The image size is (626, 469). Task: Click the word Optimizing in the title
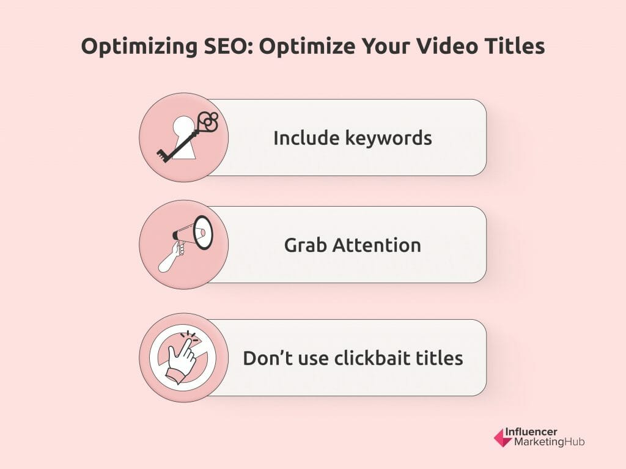(x=139, y=47)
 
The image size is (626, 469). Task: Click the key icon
(x=187, y=136)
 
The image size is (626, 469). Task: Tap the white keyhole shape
(x=184, y=138)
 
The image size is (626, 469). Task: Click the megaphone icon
(x=193, y=232)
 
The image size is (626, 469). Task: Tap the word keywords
(x=388, y=138)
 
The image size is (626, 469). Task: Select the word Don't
(x=268, y=358)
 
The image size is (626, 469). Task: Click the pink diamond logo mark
(x=503, y=438)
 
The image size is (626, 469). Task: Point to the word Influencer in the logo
(x=531, y=432)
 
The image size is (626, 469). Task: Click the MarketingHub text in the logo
(x=550, y=442)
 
